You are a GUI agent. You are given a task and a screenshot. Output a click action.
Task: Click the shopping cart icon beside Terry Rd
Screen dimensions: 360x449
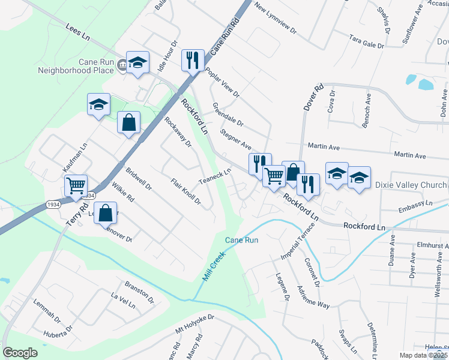tap(76, 185)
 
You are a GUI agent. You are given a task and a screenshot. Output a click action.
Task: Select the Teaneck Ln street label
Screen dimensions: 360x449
tap(215, 177)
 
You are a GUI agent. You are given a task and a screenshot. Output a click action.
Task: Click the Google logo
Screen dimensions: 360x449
tap(20, 353)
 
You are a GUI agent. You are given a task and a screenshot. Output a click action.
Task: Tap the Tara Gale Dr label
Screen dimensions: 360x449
tap(366, 41)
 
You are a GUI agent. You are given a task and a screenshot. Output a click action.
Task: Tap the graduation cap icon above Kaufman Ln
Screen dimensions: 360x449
tap(98, 104)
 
